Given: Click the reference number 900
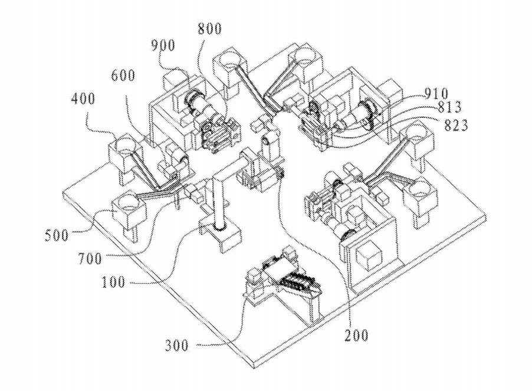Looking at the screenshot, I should click(162, 45).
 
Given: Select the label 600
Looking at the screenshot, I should click(122, 75).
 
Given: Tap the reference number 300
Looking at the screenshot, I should click(177, 345).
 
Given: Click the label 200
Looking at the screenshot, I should click(356, 336).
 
